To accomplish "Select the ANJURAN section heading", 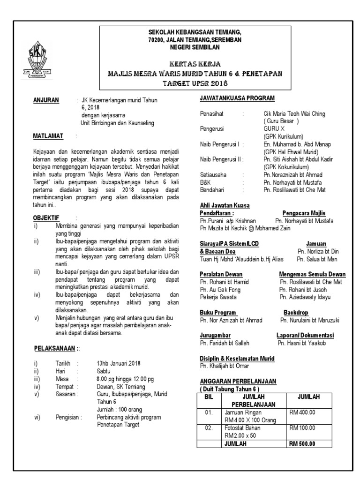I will tap(46, 100).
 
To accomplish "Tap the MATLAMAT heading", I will tap(48, 136).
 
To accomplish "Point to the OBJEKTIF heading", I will tap(46, 218).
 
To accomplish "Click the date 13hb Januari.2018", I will tap(119, 363).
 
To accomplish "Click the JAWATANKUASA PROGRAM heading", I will tap(237, 98).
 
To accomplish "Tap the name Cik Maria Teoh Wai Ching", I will tap(294, 114).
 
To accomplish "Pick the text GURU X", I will tap(274, 128).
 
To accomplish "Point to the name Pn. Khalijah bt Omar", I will tap(225, 366).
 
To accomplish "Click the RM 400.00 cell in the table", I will tap(303, 412).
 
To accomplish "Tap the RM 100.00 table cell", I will tap(303, 428).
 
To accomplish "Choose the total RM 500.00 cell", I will tap(302, 444).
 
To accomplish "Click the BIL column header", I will tap(209, 397).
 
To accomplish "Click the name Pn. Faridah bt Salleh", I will tap(225, 343).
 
